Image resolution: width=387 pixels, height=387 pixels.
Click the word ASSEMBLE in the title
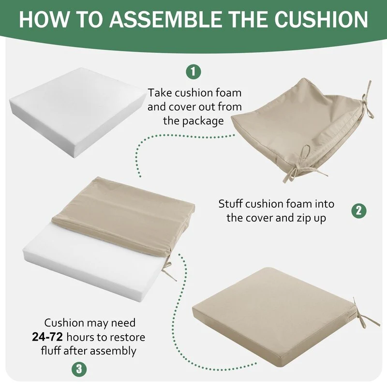click(x=166, y=19)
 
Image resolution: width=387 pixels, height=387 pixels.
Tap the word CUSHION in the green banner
click(x=321, y=19)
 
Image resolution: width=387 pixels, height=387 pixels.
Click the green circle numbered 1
click(x=193, y=72)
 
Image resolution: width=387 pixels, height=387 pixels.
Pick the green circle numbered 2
click(x=359, y=211)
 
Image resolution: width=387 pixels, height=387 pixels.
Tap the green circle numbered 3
click(x=79, y=370)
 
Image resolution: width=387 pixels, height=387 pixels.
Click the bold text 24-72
click(x=47, y=337)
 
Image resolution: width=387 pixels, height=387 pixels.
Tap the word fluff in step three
click(x=51, y=350)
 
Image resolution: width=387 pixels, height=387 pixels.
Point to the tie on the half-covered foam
click(x=168, y=269)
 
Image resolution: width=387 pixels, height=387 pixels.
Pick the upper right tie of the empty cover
click(x=367, y=101)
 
